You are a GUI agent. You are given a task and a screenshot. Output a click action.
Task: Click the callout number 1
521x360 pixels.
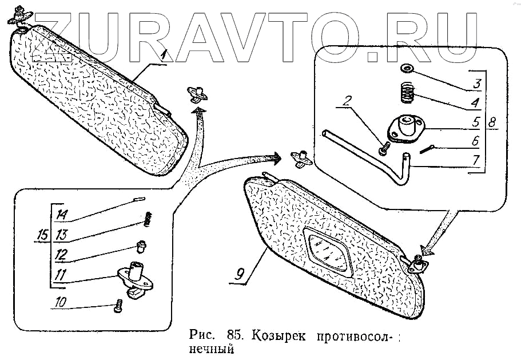click(x=163, y=56)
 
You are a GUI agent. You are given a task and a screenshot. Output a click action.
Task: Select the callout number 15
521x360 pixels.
click(x=42, y=235)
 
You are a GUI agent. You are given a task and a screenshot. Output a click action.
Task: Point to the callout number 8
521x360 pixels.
click(x=494, y=122)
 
